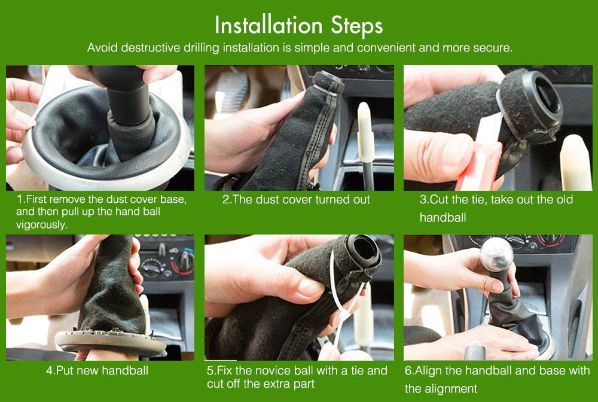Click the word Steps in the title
pyautogui.click(x=356, y=26)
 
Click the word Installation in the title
pyautogui.click(x=269, y=25)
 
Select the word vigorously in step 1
pyautogui.click(x=42, y=225)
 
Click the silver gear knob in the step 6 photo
pyautogui.click(x=496, y=254)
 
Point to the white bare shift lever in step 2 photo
pyautogui.click(x=365, y=145)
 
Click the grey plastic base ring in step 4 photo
pyautogui.click(x=111, y=342)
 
